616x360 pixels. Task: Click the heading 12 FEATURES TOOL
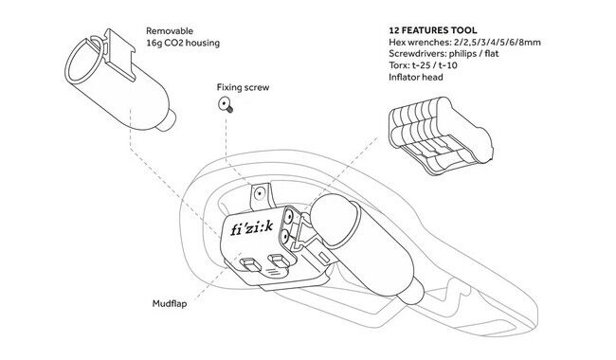(x=433, y=30)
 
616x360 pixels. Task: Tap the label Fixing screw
(x=243, y=87)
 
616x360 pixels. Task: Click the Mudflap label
(x=170, y=303)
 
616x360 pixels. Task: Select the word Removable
(x=170, y=30)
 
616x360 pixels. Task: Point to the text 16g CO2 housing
(x=183, y=43)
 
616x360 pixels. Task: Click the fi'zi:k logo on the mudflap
(x=252, y=227)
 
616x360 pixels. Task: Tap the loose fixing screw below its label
(x=226, y=105)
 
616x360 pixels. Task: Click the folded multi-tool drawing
(x=441, y=135)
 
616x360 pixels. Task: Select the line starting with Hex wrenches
(x=464, y=43)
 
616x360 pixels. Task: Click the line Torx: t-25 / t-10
(x=423, y=65)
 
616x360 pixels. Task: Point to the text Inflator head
(x=416, y=77)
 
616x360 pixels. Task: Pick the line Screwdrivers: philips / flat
(x=444, y=54)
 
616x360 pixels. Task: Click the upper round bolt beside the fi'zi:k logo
(x=289, y=216)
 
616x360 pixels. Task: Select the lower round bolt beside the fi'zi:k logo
(x=285, y=236)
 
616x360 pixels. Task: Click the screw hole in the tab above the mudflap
(x=259, y=192)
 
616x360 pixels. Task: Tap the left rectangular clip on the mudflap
(x=251, y=264)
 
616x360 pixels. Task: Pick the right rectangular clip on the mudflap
(x=278, y=261)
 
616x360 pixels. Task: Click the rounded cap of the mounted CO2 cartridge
(x=334, y=214)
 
